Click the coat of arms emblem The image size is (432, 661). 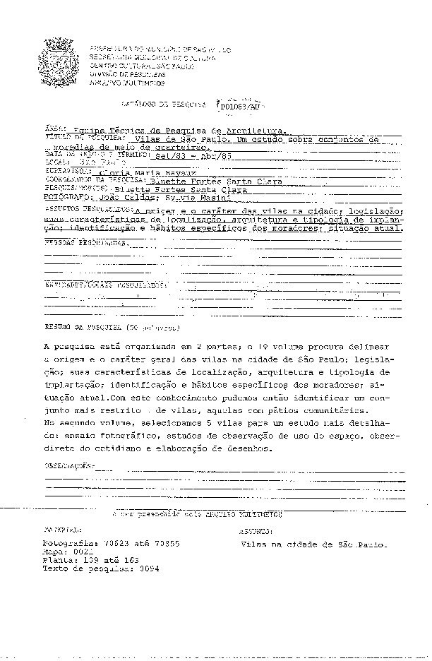[x=61, y=61]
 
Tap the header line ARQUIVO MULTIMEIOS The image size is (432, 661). [x=127, y=83]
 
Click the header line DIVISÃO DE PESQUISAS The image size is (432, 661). [x=128, y=73]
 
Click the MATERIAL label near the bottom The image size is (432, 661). [x=62, y=529]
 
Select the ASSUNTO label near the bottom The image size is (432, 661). [x=255, y=530]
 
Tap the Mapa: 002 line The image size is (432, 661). [x=68, y=553]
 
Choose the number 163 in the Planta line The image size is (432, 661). [x=131, y=560]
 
